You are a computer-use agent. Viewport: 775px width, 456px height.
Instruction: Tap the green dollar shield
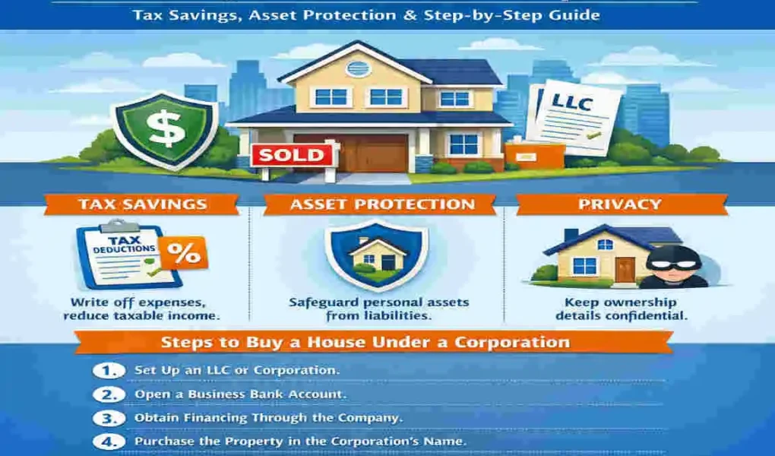[164, 127]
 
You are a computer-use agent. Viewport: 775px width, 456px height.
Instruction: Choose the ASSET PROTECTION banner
[382, 204]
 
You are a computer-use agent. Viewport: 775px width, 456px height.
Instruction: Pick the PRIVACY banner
[621, 204]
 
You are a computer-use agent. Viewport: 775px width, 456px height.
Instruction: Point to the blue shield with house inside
[376, 255]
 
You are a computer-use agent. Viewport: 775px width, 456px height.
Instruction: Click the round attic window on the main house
[357, 68]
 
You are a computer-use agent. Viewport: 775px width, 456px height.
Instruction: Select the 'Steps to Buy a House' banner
[374, 342]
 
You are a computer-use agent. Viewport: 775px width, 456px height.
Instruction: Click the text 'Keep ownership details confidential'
[621, 309]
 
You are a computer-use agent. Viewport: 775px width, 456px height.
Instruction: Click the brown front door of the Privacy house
[624, 269]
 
